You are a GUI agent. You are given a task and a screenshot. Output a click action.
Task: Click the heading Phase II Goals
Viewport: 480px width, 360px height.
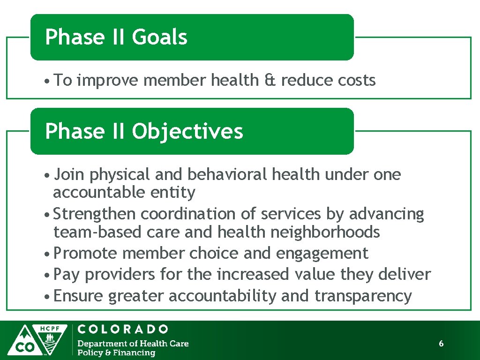click(x=116, y=37)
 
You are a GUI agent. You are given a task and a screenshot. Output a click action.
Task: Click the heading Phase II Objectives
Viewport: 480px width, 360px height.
click(x=144, y=131)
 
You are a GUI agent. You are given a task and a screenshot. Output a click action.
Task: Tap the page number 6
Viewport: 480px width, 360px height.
click(x=441, y=344)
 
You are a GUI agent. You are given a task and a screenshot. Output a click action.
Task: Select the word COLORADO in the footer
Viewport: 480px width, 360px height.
click(x=123, y=330)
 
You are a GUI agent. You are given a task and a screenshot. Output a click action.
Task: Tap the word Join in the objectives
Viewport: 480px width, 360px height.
click(x=69, y=175)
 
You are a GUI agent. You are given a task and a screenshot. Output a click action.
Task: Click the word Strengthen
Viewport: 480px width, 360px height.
click(x=95, y=214)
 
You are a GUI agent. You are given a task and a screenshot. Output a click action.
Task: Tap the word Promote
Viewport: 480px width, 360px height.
click(x=85, y=254)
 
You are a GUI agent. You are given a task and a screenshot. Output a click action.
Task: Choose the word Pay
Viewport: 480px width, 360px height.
click(x=67, y=275)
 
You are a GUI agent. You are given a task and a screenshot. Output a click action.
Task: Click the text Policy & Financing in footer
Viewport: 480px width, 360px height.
click(x=116, y=353)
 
